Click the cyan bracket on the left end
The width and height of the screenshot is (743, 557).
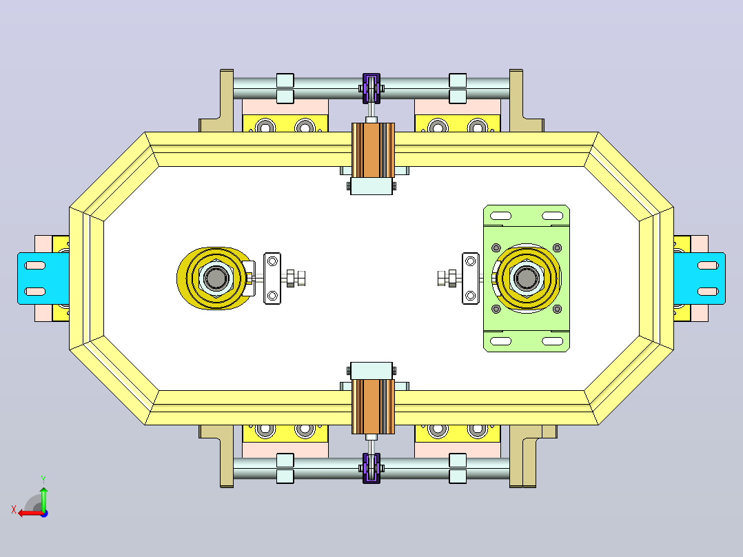point(43,278)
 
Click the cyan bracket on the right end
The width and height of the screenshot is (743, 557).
point(700,278)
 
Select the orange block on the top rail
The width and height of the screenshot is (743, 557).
point(373,151)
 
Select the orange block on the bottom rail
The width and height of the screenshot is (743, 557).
point(373,407)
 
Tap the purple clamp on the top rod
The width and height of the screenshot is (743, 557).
point(371,88)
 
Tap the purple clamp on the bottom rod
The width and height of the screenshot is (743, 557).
point(371,468)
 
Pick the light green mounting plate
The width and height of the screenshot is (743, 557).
point(527,278)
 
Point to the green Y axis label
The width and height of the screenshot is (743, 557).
point(43,480)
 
